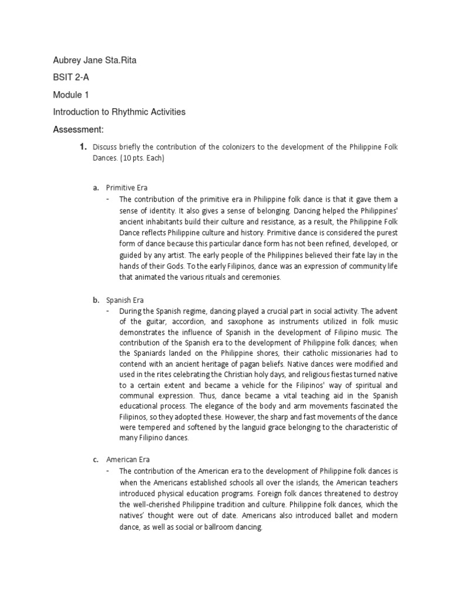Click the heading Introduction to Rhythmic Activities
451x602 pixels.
point(119,112)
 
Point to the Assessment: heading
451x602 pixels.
point(78,129)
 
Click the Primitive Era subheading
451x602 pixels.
point(127,188)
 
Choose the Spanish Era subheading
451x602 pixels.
point(125,300)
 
